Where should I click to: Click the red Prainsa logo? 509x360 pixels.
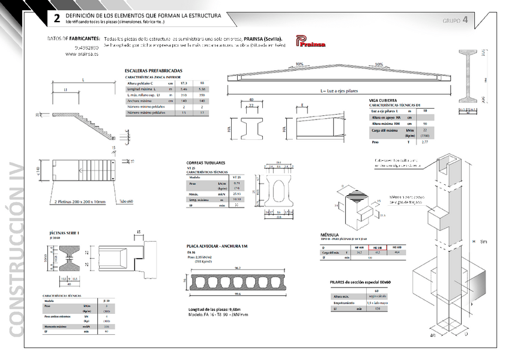310,41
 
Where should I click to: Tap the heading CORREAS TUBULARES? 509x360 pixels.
206,163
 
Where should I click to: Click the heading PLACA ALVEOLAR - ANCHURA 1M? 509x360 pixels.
217,247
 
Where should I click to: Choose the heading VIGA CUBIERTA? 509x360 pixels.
383,100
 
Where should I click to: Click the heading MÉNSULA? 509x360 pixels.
330,235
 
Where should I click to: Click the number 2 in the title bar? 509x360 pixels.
57,18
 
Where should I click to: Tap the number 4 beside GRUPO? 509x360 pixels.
465,20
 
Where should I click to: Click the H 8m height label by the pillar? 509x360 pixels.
481,241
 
